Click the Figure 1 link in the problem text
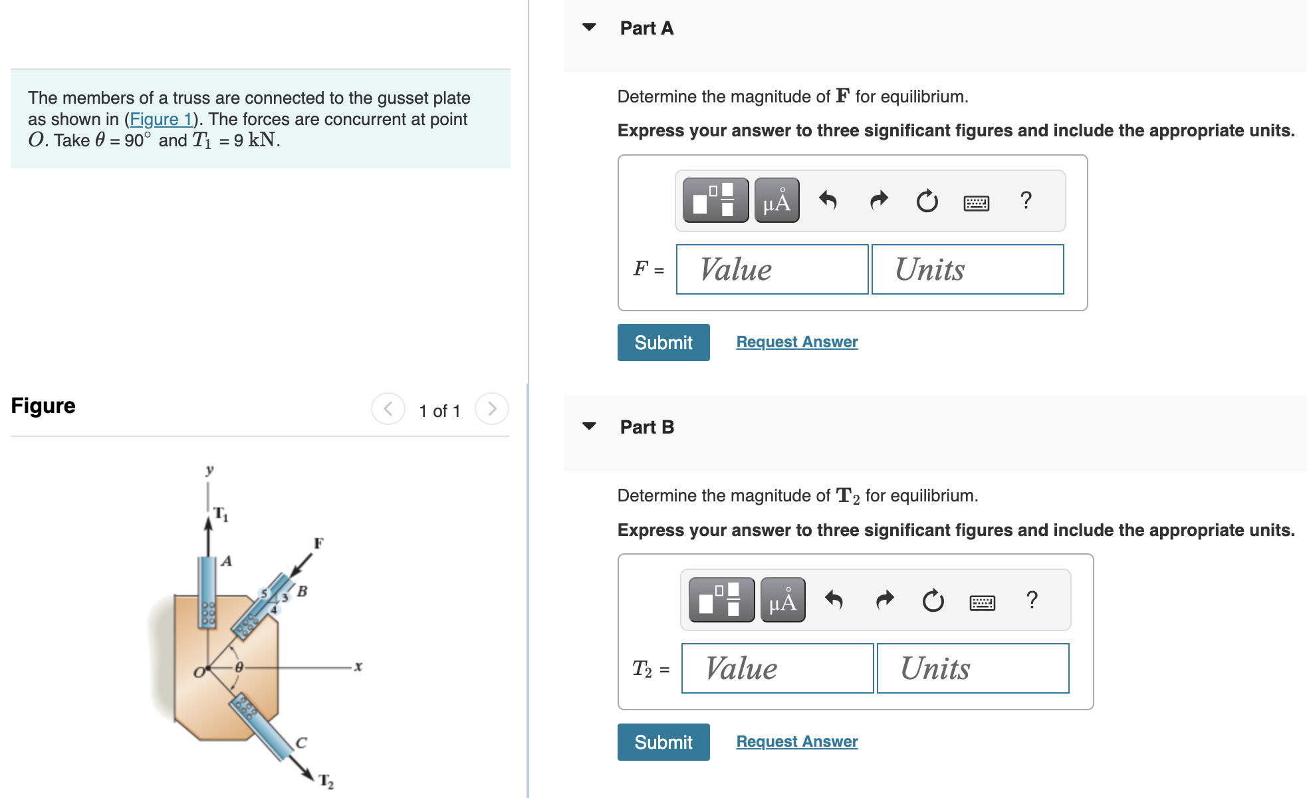point(161,120)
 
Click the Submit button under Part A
point(663,342)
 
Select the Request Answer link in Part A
point(796,342)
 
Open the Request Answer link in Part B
point(796,741)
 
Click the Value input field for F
point(772,269)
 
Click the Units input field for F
point(967,269)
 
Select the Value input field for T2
point(777,668)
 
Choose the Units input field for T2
point(973,668)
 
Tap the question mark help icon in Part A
point(1026,200)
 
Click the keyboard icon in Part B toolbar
point(982,602)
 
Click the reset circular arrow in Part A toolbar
point(927,200)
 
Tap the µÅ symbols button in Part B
point(782,600)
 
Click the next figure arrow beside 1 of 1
point(492,408)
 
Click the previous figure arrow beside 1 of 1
point(388,408)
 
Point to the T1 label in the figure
point(221,514)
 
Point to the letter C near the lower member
point(301,743)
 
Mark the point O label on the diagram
point(198,672)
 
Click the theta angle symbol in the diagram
point(239,666)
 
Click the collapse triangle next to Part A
point(589,27)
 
